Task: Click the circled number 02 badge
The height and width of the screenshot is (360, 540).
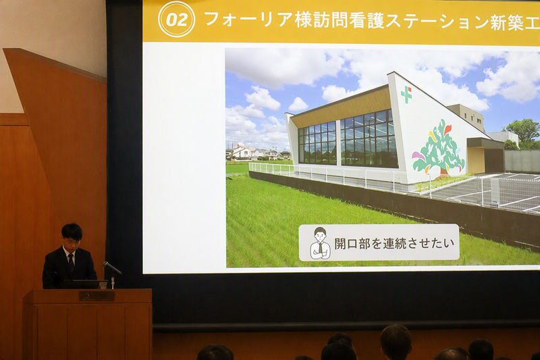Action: tap(176, 20)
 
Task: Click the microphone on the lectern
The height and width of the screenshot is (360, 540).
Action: tap(111, 267)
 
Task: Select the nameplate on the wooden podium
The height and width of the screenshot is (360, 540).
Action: tap(97, 296)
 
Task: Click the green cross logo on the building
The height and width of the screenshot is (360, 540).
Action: tap(406, 94)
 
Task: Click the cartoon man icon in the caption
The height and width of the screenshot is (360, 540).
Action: tap(320, 243)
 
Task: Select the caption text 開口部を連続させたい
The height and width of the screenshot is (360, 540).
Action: tap(395, 243)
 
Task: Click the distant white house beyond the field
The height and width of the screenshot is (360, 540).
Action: tap(244, 151)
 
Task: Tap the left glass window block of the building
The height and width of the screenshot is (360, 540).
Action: tap(317, 143)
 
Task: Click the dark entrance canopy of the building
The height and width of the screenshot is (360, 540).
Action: tap(485, 143)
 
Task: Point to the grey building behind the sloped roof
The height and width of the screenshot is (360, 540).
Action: tap(467, 115)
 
